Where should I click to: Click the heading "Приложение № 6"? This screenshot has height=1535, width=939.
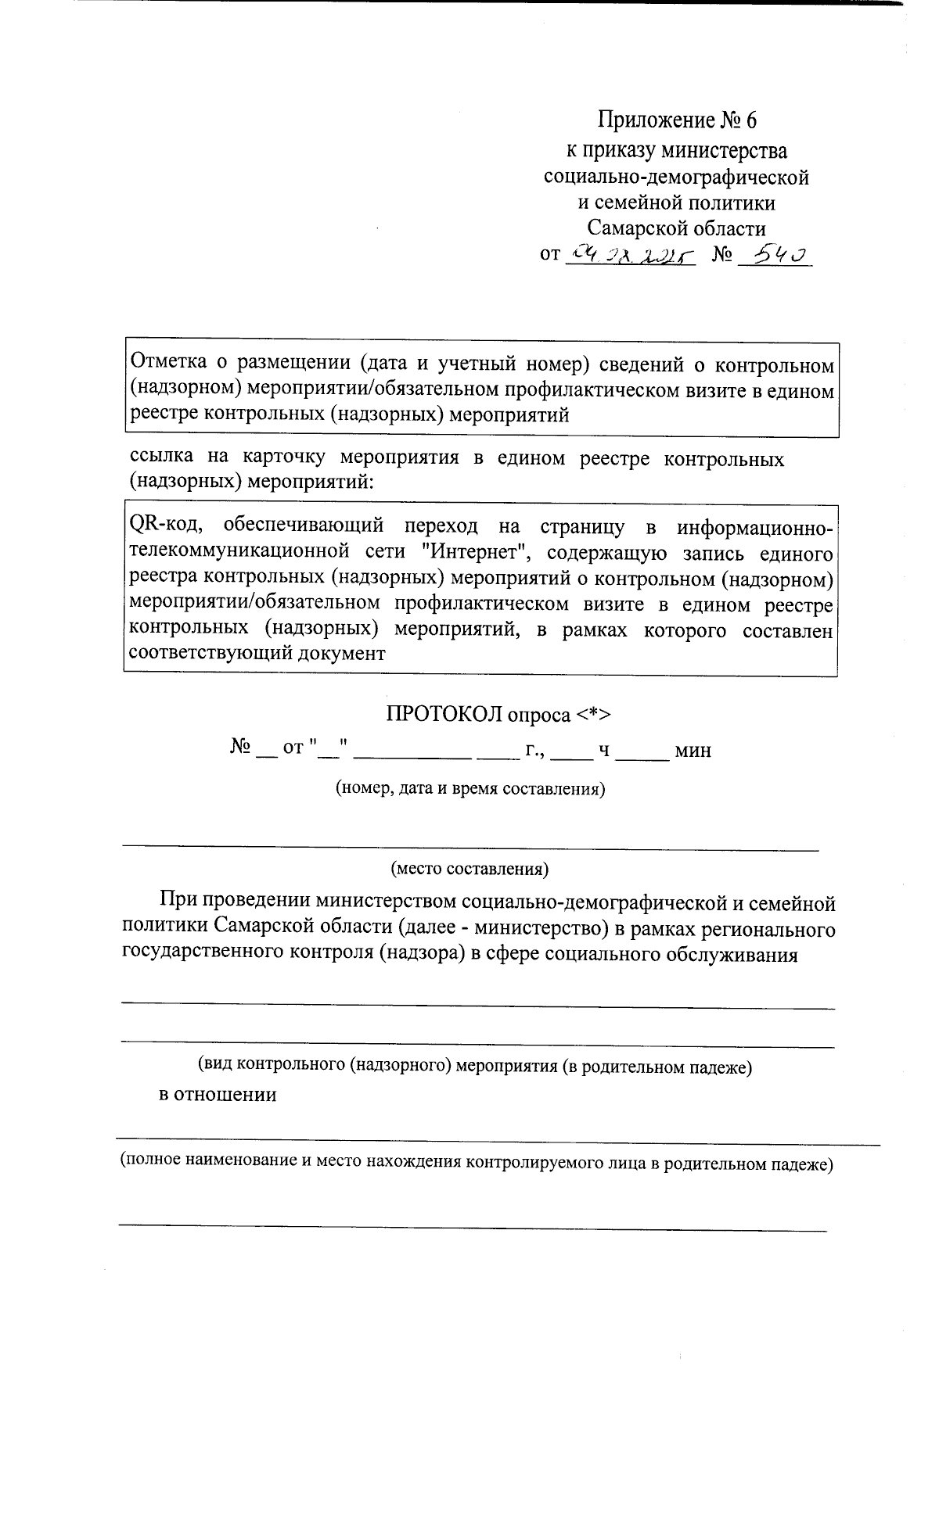click(678, 120)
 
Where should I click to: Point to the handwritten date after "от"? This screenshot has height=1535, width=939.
click(630, 255)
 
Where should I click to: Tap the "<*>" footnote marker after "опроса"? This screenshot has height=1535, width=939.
click(594, 714)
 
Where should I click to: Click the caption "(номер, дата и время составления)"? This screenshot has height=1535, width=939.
click(470, 788)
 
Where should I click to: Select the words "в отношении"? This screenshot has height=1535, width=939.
click(218, 1094)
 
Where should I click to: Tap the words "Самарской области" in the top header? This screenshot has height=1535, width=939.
click(677, 228)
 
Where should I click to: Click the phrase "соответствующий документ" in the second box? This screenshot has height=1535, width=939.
click(256, 654)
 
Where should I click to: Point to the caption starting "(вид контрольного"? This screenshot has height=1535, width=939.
click(474, 1065)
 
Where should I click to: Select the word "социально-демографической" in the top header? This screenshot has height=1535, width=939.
click(676, 177)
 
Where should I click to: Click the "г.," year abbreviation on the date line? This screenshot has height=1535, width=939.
click(534, 751)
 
